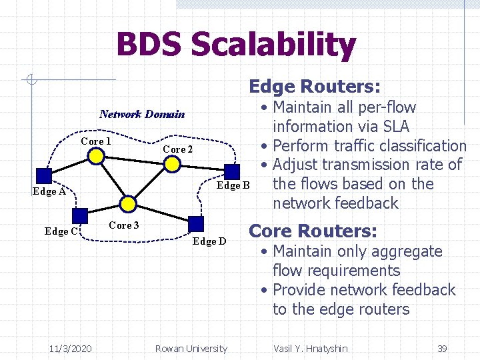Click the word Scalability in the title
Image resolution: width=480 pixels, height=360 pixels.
(x=273, y=45)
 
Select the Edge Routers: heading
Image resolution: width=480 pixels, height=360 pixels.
(x=315, y=87)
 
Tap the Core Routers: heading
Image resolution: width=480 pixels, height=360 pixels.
(x=313, y=231)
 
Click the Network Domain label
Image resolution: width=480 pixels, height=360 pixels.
(x=142, y=114)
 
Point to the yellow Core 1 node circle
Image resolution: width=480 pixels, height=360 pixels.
(x=97, y=156)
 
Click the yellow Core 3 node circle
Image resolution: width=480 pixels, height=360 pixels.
(x=128, y=203)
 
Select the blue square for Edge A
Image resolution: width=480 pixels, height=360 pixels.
(x=43, y=175)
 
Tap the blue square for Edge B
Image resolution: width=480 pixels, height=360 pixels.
(x=231, y=171)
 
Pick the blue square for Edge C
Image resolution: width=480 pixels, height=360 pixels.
(x=80, y=216)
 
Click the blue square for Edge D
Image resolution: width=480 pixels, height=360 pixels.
(x=195, y=224)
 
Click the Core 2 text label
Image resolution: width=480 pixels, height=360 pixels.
(x=177, y=149)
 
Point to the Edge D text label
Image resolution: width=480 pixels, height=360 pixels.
(x=209, y=241)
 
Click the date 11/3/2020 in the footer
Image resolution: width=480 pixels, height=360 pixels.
(x=71, y=348)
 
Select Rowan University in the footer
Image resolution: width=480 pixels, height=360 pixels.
(x=191, y=348)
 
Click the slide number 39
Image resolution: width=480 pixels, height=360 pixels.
(x=441, y=348)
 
